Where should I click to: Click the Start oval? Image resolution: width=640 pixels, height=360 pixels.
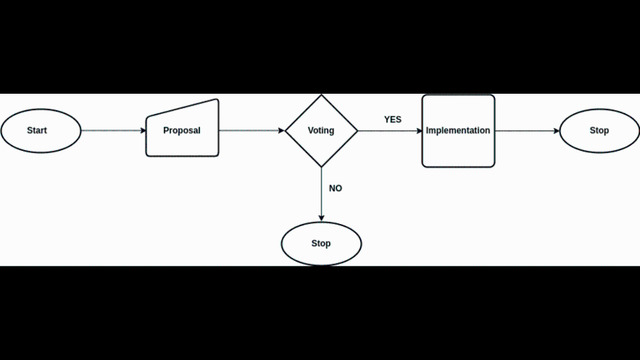41,131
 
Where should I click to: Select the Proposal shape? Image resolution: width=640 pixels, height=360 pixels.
182,128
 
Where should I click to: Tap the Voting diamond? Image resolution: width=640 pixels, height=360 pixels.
321,131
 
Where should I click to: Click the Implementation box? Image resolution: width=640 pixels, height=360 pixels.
458,131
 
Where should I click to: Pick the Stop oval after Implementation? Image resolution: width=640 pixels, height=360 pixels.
599,131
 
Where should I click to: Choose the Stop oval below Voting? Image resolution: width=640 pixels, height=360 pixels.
321,244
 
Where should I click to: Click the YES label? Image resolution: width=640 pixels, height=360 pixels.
393,120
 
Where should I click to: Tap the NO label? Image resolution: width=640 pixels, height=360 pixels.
336,188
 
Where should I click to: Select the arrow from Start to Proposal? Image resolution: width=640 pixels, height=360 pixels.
113,131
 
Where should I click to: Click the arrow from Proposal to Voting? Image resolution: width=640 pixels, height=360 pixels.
252,131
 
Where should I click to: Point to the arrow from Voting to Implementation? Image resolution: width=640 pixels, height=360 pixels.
390,131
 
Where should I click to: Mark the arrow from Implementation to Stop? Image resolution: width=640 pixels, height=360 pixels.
527,131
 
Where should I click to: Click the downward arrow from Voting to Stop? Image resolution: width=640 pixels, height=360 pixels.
321,194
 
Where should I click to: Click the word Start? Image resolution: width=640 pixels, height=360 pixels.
36,131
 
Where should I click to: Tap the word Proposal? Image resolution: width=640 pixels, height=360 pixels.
182,131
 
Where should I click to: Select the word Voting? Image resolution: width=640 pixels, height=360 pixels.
321,131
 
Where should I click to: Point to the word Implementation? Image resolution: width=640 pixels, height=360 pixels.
458,131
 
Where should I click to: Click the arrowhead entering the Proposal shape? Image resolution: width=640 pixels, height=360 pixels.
144,131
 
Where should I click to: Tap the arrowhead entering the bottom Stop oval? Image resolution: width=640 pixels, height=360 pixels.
321,219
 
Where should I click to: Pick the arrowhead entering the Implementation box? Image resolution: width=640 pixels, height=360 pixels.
419,131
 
